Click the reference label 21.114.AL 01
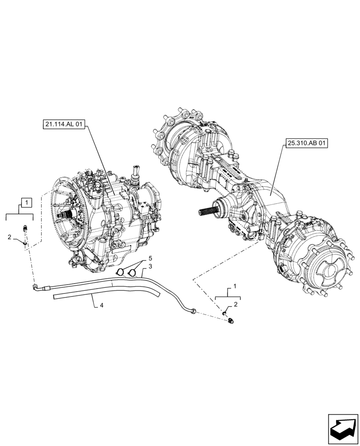64,125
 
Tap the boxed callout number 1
26,203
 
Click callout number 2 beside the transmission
9,237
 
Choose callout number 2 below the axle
236,304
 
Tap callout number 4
102,306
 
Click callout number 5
150,258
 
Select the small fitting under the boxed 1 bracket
25,228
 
